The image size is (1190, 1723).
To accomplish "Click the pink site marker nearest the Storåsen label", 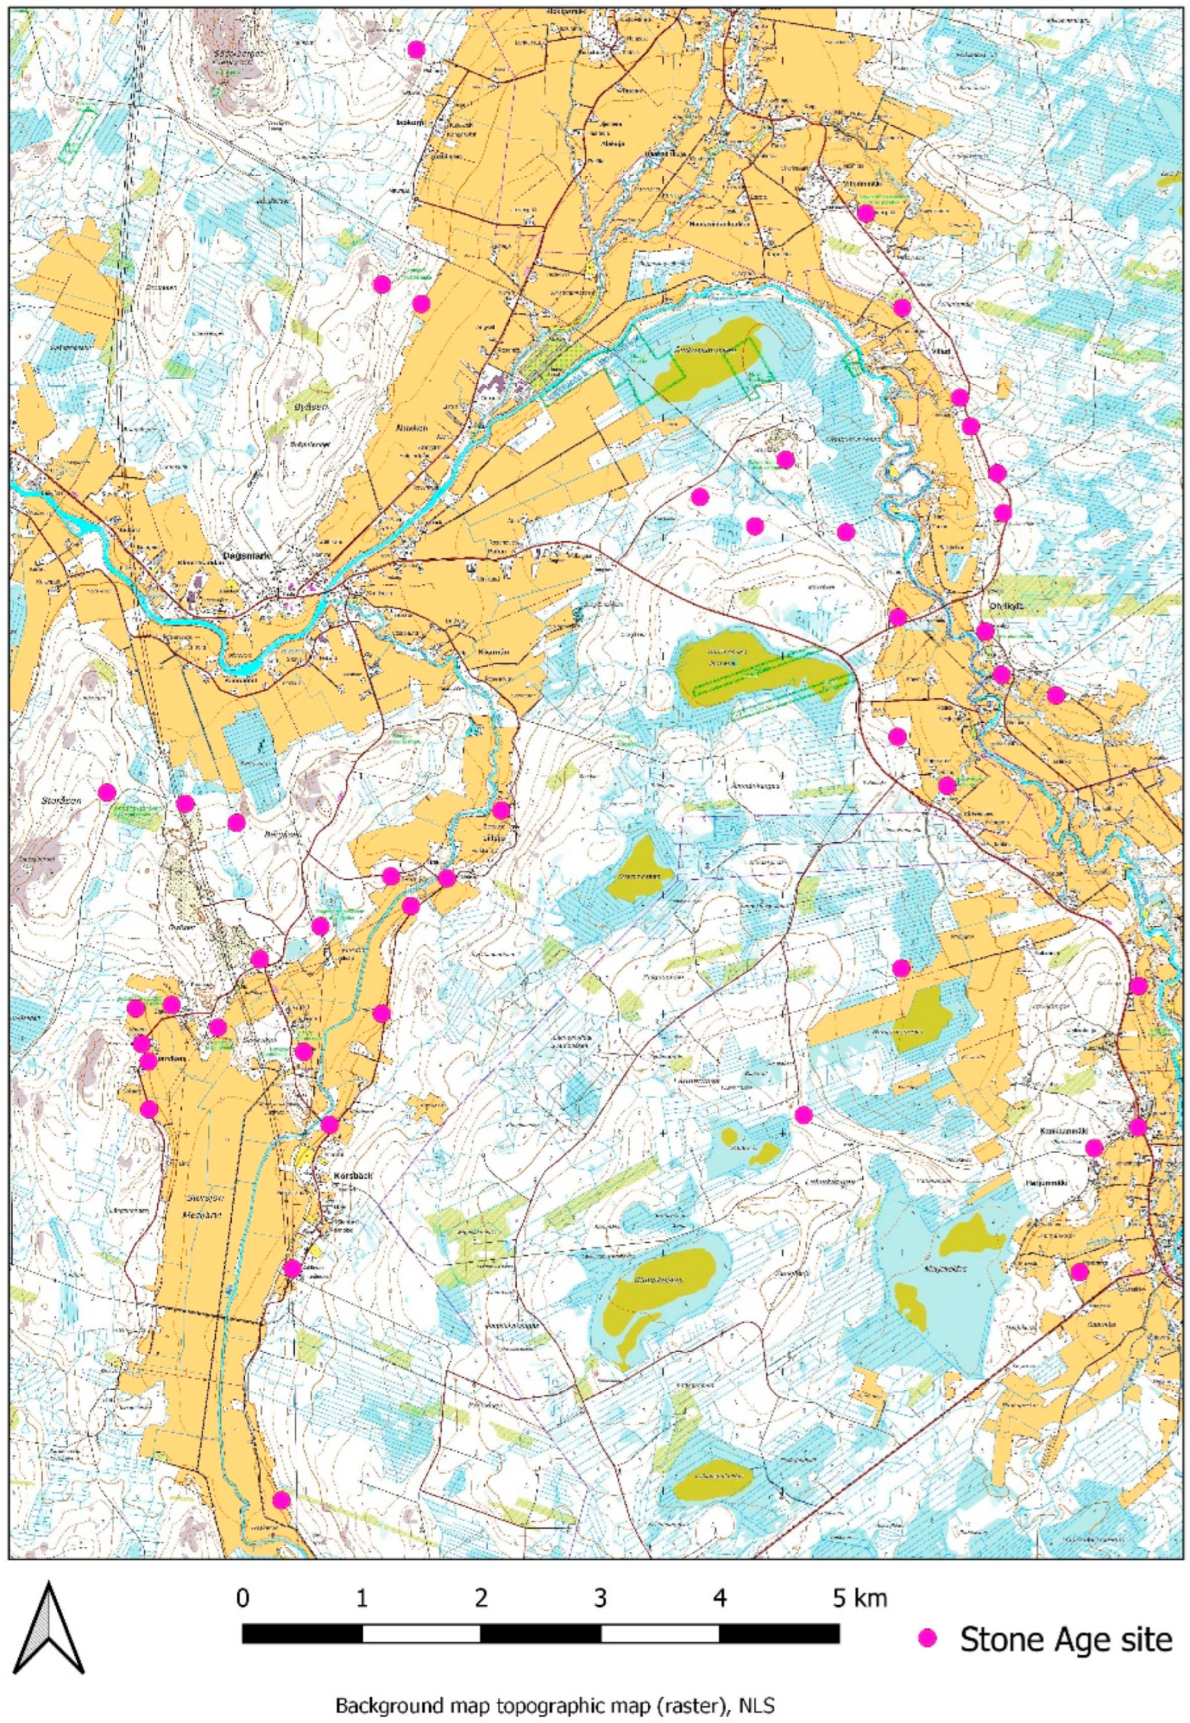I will coord(108,792).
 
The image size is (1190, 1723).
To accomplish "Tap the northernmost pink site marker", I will coord(416,49).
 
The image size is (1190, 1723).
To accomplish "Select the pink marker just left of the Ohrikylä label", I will coord(985,631).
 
